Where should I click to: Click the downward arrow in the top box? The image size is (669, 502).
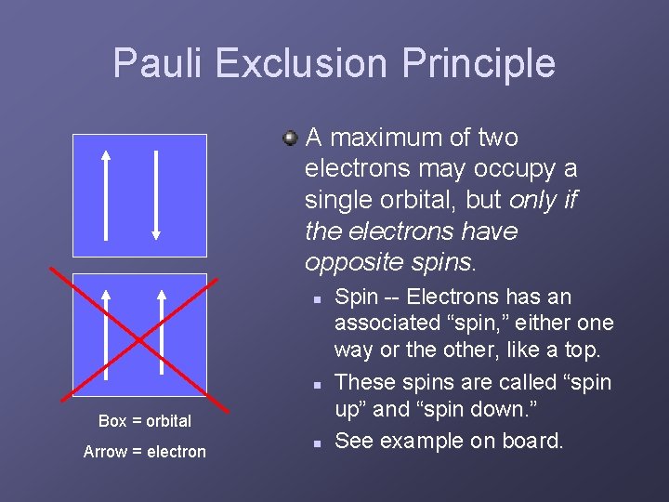tap(155, 195)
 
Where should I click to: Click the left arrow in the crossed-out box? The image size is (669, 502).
tap(107, 335)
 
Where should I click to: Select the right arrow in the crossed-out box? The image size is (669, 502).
tap(162, 335)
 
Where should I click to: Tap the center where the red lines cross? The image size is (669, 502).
tap(138, 338)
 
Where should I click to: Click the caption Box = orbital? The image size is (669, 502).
tap(145, 421)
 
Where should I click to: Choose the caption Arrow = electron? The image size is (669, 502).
tap(145, 452)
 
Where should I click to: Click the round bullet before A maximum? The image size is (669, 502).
tap(291, 139)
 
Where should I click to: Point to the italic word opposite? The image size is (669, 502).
tap(347, 262)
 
